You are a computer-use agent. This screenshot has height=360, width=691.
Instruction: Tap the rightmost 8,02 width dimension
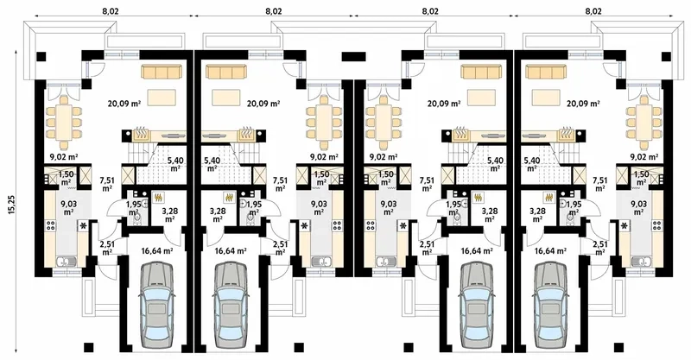tap(593, 9)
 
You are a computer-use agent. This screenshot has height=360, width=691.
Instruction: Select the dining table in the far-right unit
tap(643, 122)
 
